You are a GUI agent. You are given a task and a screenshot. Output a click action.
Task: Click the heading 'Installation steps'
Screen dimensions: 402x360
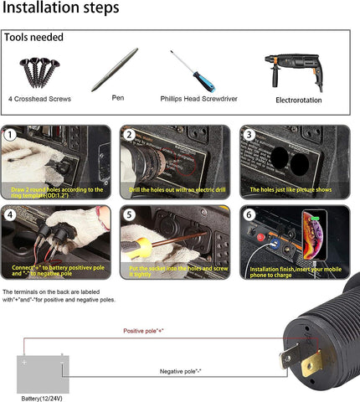pos(60,9)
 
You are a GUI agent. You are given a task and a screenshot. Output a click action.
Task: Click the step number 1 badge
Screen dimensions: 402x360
pos(11,135)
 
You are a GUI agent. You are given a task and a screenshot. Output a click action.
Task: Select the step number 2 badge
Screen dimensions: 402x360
pos(129,135)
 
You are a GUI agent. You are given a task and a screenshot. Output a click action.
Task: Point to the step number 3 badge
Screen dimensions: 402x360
pos(248,135)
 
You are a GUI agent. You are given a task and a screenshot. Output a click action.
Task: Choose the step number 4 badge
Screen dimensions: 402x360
pos(11,214)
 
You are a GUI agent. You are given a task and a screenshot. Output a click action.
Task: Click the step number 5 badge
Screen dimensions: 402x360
pos(129,214)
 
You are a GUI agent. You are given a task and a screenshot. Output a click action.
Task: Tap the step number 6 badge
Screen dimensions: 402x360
pos(248,214)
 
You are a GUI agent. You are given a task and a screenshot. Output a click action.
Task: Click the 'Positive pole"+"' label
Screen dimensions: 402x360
pos(143,332)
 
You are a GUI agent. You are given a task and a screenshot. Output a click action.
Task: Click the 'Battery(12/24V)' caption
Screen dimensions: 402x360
pos(43,397)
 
